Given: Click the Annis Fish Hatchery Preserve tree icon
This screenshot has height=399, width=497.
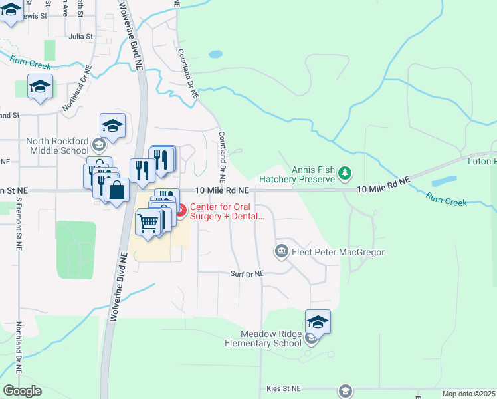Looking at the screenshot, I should click(344, 174).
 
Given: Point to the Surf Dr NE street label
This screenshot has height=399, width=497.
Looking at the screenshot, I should click(247, 273).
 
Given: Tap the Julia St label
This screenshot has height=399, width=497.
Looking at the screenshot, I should click(80, 37).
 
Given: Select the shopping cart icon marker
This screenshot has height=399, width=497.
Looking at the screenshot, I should click(148, 222).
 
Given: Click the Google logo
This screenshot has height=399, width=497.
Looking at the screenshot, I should click(22, 391).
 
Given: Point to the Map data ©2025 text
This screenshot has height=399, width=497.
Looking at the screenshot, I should click(468, 394).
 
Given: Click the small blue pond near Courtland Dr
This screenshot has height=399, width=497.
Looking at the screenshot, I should click(215, 54).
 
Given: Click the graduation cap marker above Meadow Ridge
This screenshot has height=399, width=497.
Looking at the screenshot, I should click(318, 323).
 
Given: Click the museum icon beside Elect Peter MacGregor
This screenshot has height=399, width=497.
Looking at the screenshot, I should click(281, 251).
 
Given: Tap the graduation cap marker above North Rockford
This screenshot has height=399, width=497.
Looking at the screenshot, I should click(113, 126).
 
